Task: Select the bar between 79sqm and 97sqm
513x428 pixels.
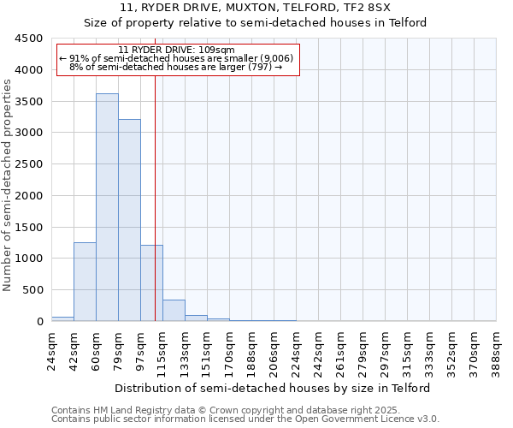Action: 129,220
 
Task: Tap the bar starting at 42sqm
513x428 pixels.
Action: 85,282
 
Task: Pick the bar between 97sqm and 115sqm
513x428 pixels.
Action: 151,282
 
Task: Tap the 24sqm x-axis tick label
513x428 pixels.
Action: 51,349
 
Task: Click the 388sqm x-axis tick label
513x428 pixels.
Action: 497,349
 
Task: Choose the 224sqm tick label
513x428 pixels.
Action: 297,349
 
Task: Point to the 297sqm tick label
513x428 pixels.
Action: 386,349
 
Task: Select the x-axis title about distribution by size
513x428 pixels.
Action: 273,388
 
